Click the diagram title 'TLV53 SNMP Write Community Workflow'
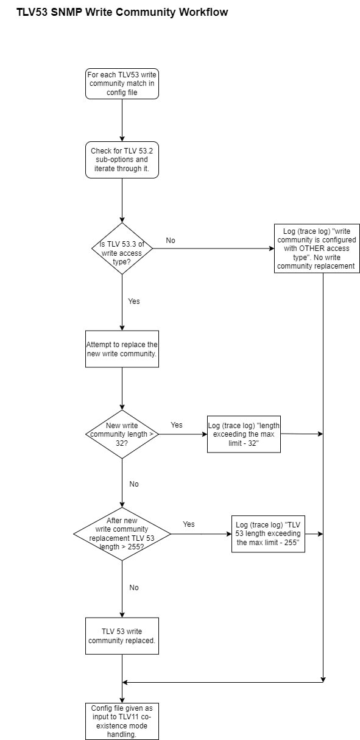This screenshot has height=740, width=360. [122, 12]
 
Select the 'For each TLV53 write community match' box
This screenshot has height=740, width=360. [122, 83]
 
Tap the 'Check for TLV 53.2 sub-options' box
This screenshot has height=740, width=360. [122, 160]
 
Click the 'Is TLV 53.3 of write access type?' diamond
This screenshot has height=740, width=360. [122, 248]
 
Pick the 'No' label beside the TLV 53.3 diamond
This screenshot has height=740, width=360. [171, 241]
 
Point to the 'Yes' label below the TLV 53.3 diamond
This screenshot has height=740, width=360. [134, 301]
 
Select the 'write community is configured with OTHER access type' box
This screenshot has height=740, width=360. [317, 248]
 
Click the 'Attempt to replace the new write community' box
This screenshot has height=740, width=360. [122, 349]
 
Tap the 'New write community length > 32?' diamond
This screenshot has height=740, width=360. [122, 434]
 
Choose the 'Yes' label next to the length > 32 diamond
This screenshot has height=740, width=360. [177, 425]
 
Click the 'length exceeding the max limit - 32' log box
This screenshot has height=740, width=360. [244, 434]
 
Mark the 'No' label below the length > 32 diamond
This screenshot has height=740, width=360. [134, 484]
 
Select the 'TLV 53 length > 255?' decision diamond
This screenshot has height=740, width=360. [122, 534]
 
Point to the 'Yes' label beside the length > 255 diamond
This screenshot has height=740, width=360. [189, 524]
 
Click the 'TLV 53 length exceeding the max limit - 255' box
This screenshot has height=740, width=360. [268, 534]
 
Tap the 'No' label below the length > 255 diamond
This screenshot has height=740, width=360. [134, 588]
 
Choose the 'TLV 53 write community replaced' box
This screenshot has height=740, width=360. [122, 636]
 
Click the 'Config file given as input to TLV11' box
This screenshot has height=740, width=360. [122, 721]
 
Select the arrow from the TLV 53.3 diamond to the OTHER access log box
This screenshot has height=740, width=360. [213, 248]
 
